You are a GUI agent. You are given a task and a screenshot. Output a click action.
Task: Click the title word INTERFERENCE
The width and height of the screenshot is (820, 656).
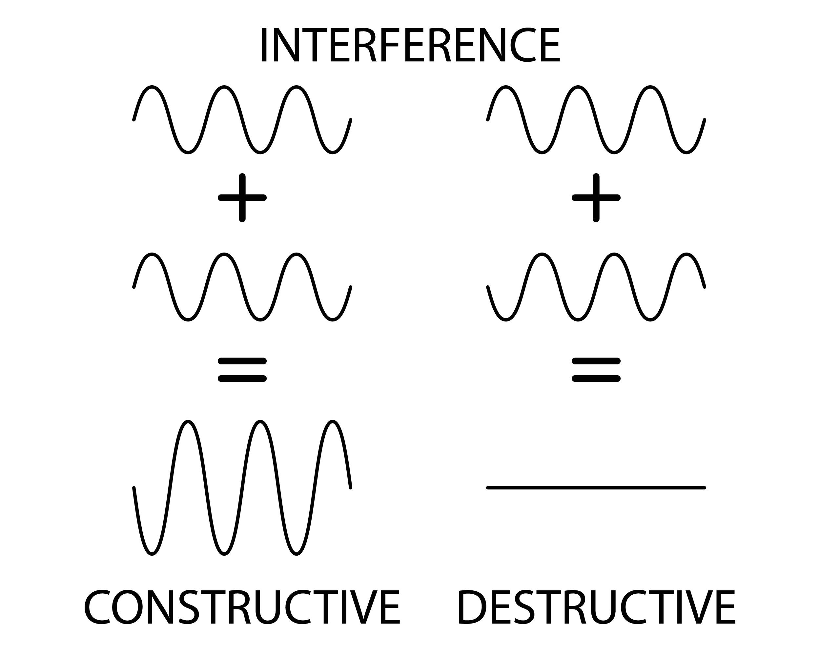pos(410,45)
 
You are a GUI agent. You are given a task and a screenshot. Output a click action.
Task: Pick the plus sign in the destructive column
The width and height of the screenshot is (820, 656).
pos(596,197)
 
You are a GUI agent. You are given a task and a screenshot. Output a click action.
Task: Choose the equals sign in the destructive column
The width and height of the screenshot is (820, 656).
pos(596,369)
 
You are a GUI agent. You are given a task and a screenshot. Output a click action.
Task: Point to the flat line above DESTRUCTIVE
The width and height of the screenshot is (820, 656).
pos(596,487)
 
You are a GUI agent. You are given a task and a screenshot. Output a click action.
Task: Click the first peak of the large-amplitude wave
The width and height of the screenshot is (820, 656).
pos(188,422)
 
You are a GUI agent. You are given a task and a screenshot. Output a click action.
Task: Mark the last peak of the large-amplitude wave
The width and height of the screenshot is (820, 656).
pos(332,422)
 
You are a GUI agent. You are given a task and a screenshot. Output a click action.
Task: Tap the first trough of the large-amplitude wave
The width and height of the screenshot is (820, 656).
pos(152,553)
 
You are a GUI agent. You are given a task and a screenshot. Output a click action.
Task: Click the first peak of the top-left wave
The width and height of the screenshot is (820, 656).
pos(152,87)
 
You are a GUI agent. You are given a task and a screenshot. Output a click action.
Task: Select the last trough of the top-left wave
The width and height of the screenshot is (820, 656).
pos(332,153)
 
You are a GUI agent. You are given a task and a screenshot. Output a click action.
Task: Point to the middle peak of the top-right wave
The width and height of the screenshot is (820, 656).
pos(578,87)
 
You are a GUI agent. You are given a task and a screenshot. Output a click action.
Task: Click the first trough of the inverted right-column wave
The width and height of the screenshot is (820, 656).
pos(506,320)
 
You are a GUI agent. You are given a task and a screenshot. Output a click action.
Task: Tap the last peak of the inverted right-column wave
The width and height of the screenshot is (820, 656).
pos(686,255)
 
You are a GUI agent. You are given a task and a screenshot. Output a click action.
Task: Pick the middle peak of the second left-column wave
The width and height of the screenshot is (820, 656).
pos(224,255)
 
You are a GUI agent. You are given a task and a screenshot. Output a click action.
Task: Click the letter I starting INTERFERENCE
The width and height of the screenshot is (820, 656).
pos(263,45)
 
